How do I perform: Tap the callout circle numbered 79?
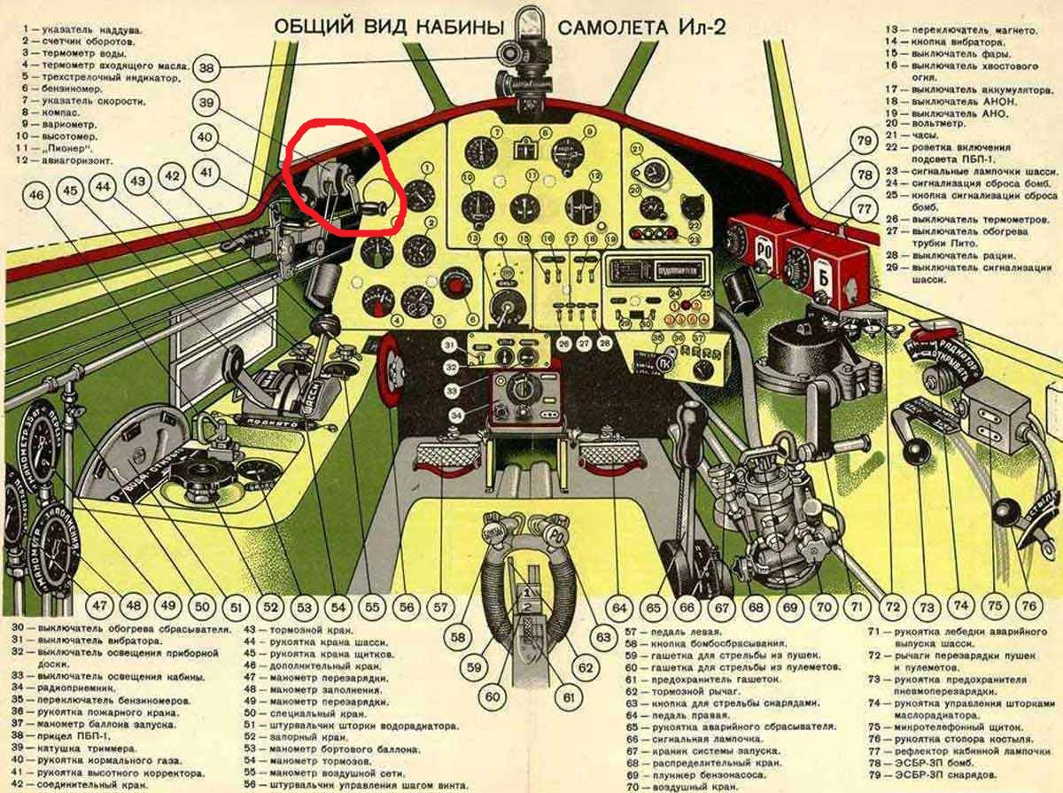tap(863, 141)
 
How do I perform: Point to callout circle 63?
tap(605, 636)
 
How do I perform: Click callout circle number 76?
tap(1028, 606)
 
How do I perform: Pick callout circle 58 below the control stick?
tap(458, 636)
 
